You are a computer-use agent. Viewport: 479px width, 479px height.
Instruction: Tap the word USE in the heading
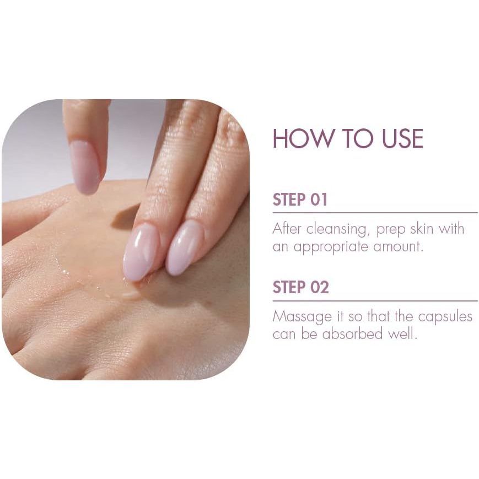[402, 138]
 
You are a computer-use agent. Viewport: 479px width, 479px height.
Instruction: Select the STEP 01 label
[300, 200]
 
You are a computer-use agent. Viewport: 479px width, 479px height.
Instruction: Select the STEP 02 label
[300, 288]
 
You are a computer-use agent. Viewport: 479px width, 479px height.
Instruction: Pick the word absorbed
[353, 333]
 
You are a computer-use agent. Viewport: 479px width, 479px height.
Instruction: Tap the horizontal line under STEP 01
[375, 213]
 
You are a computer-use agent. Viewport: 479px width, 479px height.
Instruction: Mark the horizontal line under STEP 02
[375, 301]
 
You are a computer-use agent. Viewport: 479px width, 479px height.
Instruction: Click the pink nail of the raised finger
[85, 168]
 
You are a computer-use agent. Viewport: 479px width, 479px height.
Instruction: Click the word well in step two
[402, 333]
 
